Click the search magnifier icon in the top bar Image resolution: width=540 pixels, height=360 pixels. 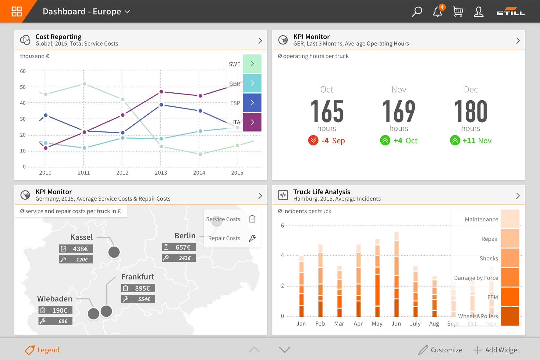coord(417,12)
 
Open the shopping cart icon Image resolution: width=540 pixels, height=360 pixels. coord(458,12)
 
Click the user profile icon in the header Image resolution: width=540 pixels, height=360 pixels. coord(479,12)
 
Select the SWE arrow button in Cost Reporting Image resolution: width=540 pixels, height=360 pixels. coord(252,64)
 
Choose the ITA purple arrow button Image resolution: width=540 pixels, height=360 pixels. coord(252,122)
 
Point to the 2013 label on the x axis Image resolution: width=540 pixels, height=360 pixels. coord(161,173)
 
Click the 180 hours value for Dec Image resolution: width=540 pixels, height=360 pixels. coord(471,111)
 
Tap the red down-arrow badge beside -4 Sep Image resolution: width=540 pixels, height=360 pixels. coord(313,141)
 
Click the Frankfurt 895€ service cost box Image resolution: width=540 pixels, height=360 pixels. coord(138,288)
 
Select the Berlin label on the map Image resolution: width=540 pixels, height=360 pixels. coord(185,236)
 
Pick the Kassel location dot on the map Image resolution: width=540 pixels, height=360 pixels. coord(114,252)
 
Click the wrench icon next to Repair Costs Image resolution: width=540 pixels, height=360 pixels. coord(252,238)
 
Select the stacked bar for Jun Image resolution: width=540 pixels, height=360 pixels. coord(396,274)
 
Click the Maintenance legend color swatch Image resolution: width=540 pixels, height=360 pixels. coord(510,219)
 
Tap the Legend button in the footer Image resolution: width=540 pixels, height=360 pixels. coord(42,350)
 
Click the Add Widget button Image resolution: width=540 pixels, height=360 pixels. coord(496,350)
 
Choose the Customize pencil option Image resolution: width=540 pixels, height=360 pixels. coord(440,350)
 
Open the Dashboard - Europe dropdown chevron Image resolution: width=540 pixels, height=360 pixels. coord(128,12)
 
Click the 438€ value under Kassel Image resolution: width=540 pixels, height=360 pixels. coord(80,249)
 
